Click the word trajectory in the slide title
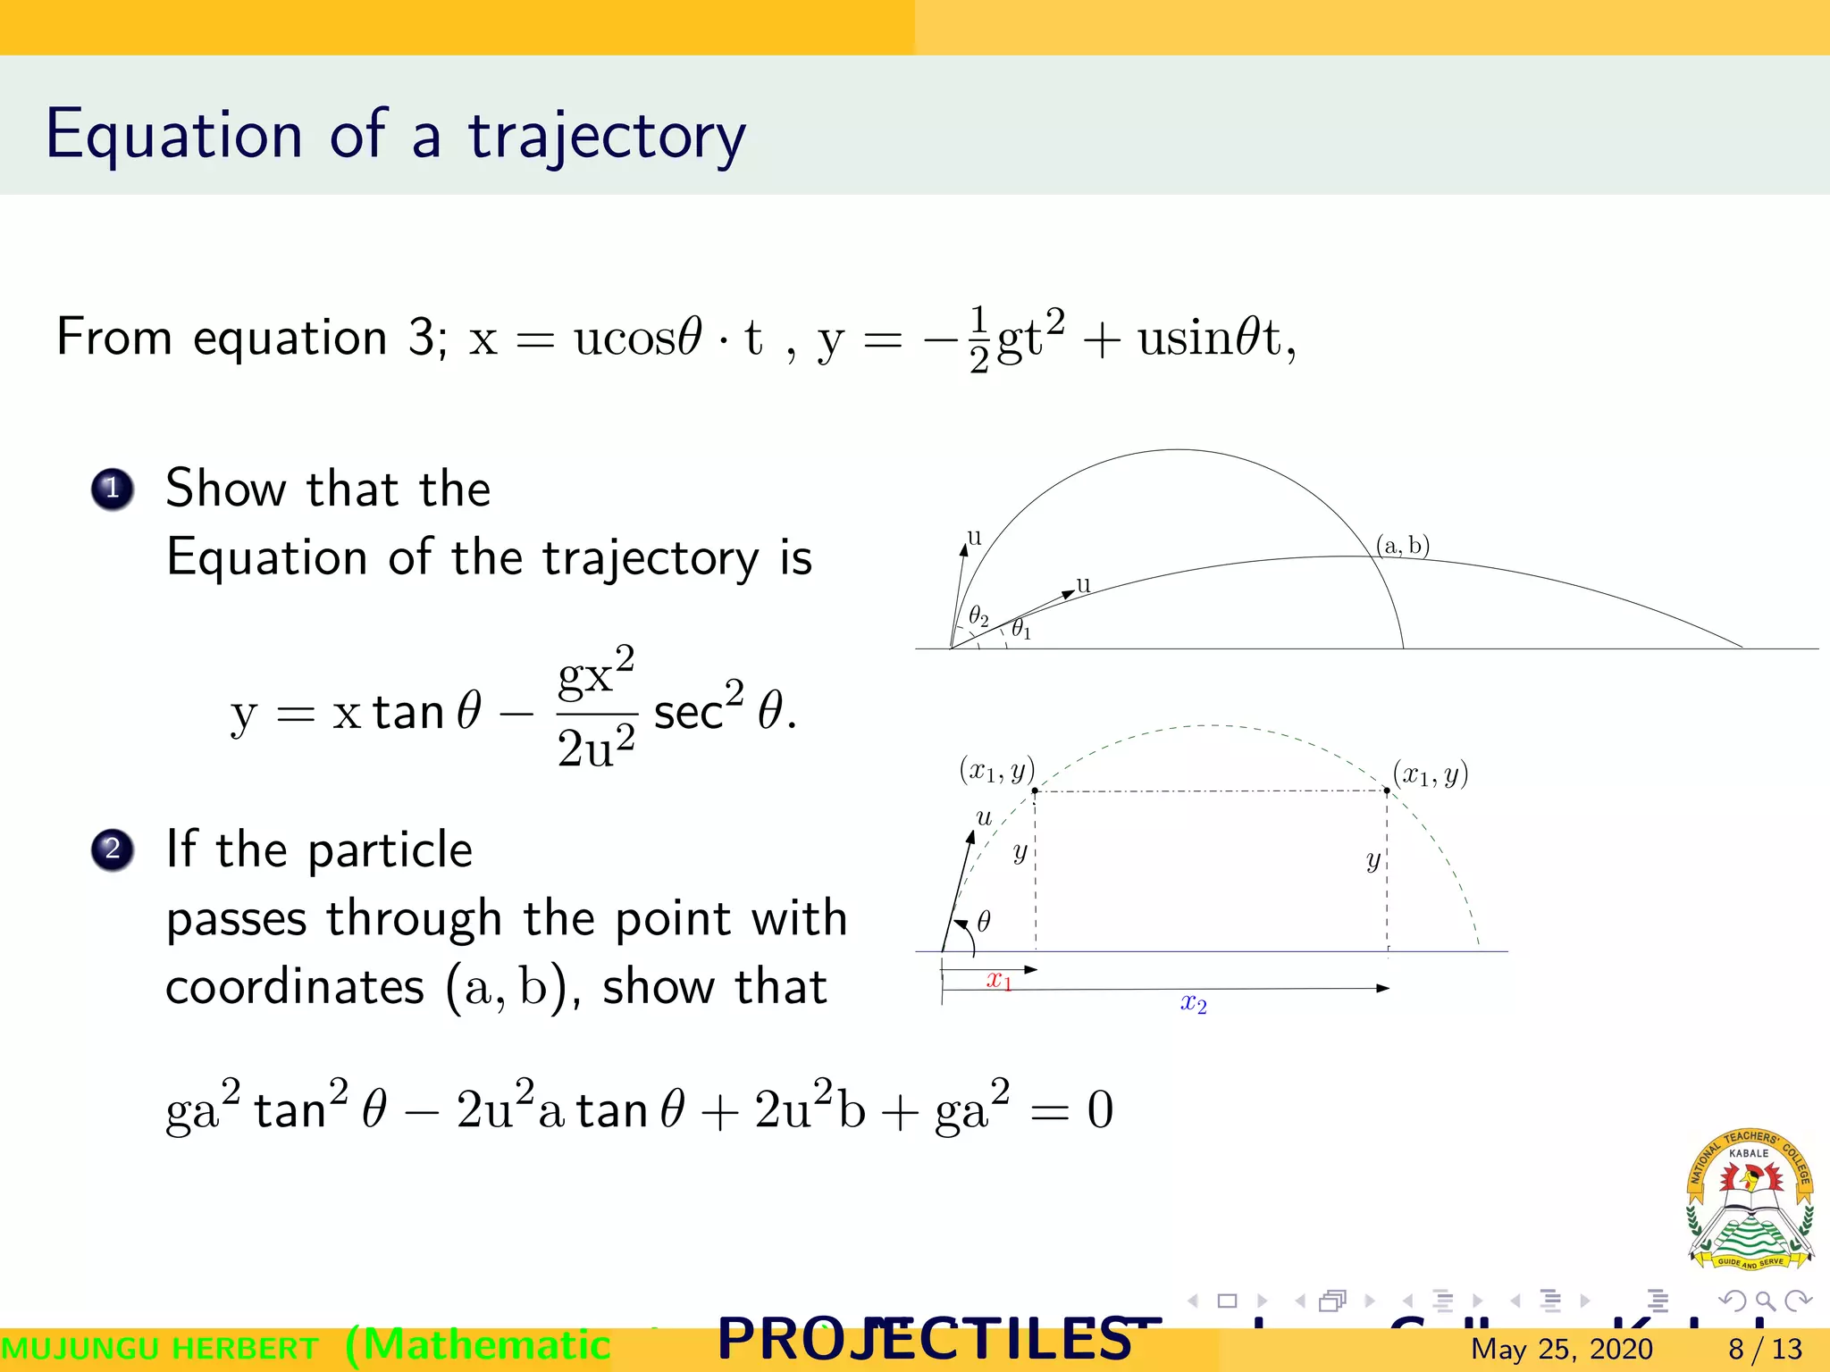607,136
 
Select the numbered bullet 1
113,489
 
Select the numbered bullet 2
113,849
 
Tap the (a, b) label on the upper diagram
1403,545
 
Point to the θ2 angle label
978,616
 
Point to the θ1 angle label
1020,630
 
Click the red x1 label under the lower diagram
999,981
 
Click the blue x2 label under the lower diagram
1194,1004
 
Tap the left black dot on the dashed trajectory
1035,791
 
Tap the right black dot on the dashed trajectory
1387,791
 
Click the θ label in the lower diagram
984,921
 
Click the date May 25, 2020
1561,1349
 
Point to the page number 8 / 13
1765,1349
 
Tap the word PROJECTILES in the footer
925,1340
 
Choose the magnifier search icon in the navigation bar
1765,1301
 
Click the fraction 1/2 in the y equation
979,340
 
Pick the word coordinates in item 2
295,988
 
